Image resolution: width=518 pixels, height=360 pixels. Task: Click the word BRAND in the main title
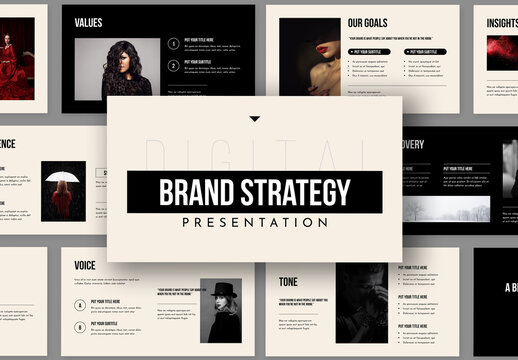click(196, 191)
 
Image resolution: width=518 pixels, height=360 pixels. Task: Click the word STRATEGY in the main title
click(300, 191)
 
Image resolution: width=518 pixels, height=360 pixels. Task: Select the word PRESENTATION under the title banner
click(254, 223)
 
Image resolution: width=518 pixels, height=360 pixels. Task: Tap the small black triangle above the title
click(254, 119)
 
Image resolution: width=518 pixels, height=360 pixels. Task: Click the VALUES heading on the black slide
click(88, 22)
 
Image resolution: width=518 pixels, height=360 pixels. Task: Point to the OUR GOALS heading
click(369, 22)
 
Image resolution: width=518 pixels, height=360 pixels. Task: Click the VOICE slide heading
click(86, 265)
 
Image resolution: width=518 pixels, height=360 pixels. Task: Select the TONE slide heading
click(288, 282)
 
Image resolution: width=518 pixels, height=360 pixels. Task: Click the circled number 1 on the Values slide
click(174, 43)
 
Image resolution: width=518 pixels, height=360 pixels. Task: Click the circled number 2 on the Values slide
click(174, 66)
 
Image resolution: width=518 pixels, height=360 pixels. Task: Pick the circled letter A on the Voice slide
click(80, 304)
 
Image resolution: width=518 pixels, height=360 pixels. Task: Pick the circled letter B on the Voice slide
click(80, 326)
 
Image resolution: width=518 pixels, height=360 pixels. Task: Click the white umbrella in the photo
click(63, 177)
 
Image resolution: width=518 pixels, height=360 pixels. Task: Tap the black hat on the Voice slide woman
click(222, 289)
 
